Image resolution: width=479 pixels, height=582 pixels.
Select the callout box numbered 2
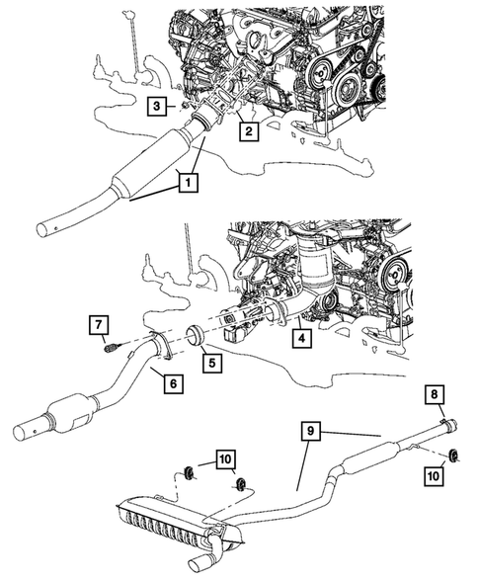click(x=248, y=130)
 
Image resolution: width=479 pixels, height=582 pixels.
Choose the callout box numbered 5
click(x=212, y=363)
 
